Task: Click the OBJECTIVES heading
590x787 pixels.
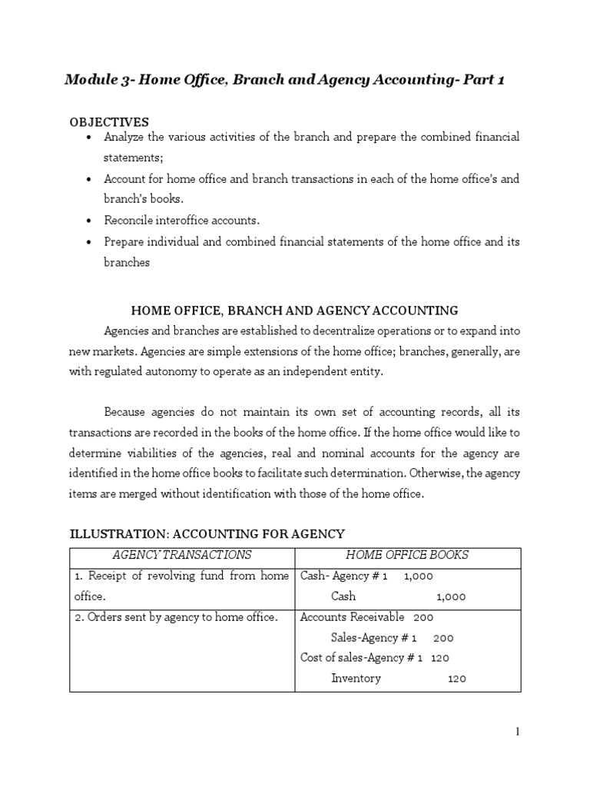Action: [109, 122]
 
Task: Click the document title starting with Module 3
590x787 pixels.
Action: [284, 81]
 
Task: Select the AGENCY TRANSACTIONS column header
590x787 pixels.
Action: [182, 555]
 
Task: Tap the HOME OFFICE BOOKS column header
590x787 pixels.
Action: [407, 555]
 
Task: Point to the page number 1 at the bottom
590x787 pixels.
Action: [518, 732]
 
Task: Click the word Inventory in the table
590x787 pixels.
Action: [356, 679]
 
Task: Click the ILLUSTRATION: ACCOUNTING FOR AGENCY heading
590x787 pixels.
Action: [207, 533]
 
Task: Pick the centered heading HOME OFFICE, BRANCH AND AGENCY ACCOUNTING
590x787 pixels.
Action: [295, 310]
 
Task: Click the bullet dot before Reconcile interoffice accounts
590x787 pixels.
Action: [91, 221]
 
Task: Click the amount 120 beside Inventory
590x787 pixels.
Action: [456, 679]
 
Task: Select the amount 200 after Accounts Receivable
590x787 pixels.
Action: [423, 617]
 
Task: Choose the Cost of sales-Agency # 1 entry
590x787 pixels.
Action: [361, 658]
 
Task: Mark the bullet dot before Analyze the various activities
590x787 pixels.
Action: [91, 137]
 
